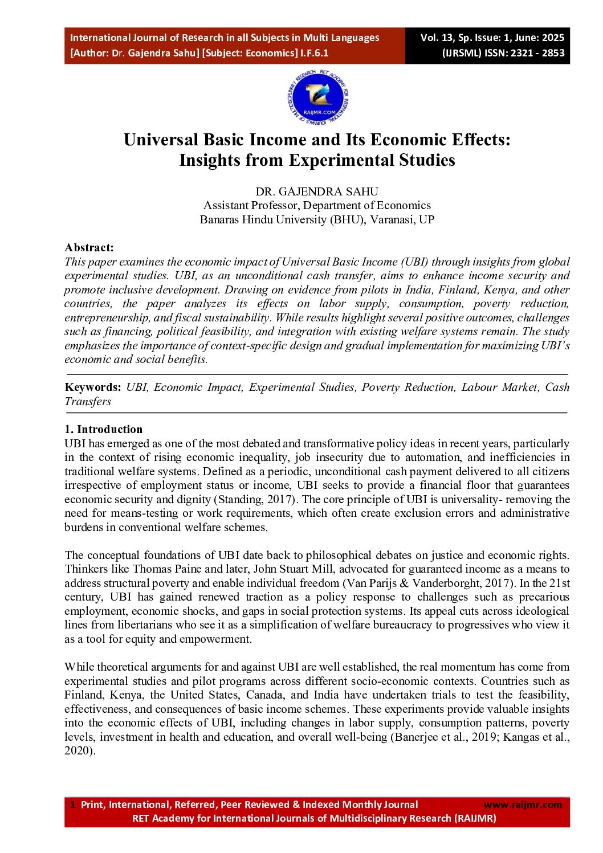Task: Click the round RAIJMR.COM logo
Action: [317, 98]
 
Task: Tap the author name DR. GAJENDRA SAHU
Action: [317, 191]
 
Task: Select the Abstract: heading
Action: [89, 247]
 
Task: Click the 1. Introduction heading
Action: [104, 429]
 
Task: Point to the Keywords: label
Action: [93, 387]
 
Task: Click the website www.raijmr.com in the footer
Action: [523, 805]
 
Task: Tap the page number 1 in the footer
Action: [72, 805]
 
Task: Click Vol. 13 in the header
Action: [437, 38]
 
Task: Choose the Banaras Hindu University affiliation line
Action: [317, 219]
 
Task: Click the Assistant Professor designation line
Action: [317, 205]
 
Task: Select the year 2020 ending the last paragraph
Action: [79, 750]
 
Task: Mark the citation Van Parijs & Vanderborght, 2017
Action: [427, 583]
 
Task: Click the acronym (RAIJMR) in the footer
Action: [475, 818]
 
